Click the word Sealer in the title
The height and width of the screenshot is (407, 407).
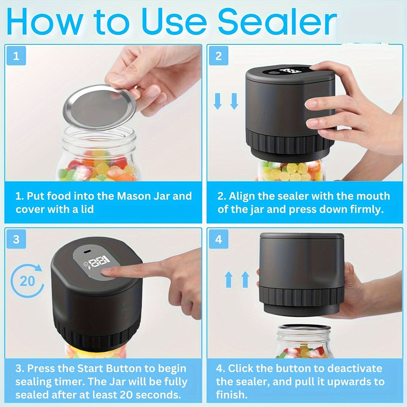[x=277, y=22]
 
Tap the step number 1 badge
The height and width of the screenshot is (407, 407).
[x=16, y=56]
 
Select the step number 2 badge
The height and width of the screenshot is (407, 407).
[x=218, y=56]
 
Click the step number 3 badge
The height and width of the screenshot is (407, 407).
[x=16, y=239]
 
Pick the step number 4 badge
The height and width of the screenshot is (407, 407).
[x=218, y=239]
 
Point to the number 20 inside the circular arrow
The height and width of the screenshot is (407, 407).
[x=27, y=281]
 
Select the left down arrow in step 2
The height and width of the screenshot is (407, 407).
[x=217, y=101]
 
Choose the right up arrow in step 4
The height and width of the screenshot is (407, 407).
[x=245, y=279]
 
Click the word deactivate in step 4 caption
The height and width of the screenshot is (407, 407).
[x=354, y=368]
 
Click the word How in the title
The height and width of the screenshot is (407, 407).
[x=45, y=22]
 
